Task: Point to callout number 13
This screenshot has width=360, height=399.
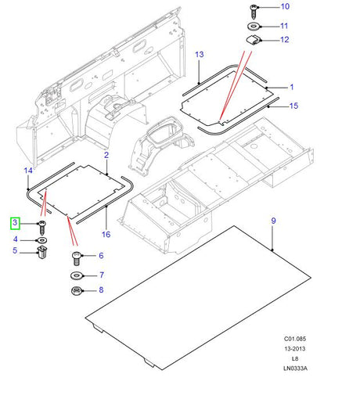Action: click(200, 55)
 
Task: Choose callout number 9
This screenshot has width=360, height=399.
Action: click(273, 221)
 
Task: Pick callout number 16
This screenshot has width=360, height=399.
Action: click(106, 233)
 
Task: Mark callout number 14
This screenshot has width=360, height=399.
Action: click(27, 171)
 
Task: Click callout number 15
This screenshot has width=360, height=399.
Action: click(293, 105)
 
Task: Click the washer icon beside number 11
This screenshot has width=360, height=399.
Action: click(254, 25)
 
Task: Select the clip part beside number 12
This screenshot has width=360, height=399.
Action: click(254, 40)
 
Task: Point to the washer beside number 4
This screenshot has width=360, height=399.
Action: click(41, 239)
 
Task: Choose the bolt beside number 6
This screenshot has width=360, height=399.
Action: click(77, 256)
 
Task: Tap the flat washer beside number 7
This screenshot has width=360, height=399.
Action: click(77, 275)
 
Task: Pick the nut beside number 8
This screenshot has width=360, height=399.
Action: click(77, 291)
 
